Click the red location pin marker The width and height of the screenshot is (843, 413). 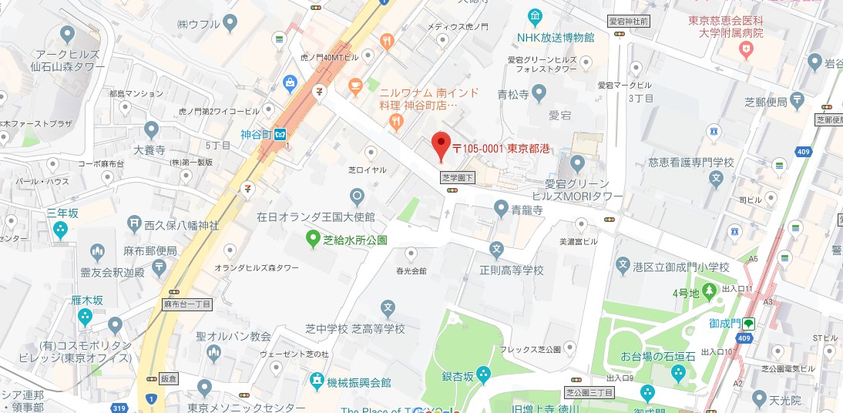(440, 145)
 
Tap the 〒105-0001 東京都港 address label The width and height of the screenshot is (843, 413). (500, 148)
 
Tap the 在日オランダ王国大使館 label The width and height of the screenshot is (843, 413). (316, 217)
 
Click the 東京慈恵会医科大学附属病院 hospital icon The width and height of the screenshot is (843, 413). (745, 50)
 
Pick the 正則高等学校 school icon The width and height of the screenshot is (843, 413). (497, 250)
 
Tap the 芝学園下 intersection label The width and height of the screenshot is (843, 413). (458, 178)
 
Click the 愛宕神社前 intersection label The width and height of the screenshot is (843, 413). (628, 21)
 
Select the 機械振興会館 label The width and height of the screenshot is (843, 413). (359, 382)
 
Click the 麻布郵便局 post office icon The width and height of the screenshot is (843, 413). (159, 267)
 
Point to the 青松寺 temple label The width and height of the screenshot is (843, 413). (512, 96)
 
